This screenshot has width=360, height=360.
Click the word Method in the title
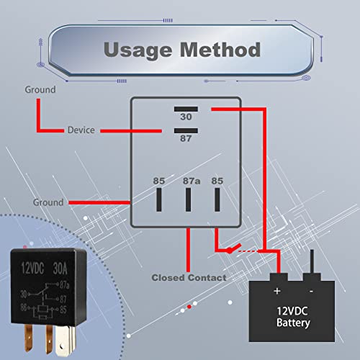[220, 50]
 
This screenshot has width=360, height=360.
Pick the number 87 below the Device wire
[185, 140]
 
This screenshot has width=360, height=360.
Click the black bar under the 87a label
[189, 199]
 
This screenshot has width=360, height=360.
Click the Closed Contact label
[189, 277]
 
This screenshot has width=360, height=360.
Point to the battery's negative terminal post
[312, 264]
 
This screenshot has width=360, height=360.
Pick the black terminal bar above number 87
[185, 131]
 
